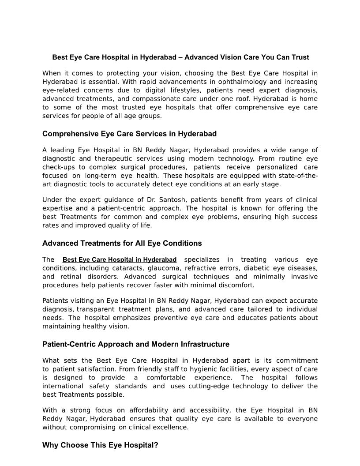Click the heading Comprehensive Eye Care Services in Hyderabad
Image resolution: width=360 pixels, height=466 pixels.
[x=129, y=134]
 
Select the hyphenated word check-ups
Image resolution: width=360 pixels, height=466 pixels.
[x=59, y=167]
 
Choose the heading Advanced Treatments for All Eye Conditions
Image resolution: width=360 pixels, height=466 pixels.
[x=122, y=243]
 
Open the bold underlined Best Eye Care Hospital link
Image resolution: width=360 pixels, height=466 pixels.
[x=120, y=259]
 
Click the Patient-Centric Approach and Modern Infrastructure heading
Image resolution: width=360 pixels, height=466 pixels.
[x=136, y=344]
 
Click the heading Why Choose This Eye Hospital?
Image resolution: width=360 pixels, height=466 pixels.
[x=100, y=445]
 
